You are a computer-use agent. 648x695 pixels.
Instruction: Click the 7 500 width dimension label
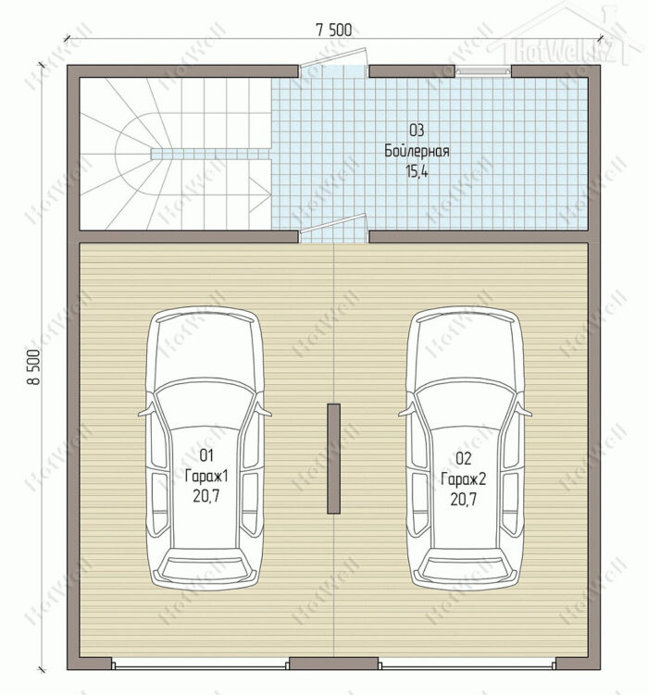tap(334, 30)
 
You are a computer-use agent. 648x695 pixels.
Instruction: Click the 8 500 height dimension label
tap(35, 366)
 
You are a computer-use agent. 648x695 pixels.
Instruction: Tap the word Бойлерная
tap(417, 151)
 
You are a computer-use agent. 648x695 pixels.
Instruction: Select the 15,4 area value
tap(417, 171)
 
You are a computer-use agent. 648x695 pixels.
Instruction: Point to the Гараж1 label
tap(206, 476)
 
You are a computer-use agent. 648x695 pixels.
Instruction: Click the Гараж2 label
tap(464, 479)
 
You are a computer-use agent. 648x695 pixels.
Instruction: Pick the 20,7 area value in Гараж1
tap(206, 496)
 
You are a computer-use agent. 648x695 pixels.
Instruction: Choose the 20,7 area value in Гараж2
tap(464, 500)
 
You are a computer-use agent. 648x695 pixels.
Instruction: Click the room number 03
tap(417, 130)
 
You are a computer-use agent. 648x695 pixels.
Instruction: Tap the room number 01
tap(206, 455)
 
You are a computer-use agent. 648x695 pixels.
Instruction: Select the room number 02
tap(464, 459)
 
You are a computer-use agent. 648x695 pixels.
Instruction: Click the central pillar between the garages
tap(334, 459)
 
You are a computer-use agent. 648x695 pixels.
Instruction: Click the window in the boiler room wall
tap(483, 70)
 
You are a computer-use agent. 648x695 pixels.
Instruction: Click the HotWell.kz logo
tap(565, 38)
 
